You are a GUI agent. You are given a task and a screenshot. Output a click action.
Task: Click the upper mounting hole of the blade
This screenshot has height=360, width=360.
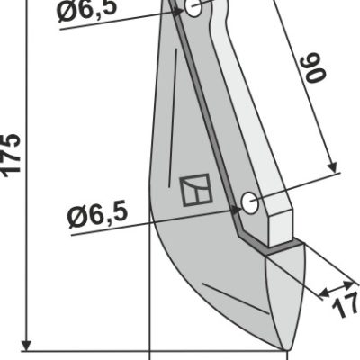point(193,8)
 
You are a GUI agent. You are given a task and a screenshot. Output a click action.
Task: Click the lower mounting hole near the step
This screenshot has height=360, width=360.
point(249,203)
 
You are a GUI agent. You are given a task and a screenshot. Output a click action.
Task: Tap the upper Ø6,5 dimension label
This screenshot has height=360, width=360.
point(86,10)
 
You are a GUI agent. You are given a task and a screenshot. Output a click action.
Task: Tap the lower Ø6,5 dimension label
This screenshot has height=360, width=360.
point(98,215)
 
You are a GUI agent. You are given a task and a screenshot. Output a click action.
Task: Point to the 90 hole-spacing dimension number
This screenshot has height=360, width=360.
point(315,67)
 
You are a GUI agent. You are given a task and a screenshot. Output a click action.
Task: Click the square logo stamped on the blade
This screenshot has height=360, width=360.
point(196,190)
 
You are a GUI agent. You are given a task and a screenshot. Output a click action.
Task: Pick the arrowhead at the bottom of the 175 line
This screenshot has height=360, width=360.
point(27,345)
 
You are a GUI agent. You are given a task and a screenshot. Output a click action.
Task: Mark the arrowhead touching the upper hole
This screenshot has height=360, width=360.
point(179,12)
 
